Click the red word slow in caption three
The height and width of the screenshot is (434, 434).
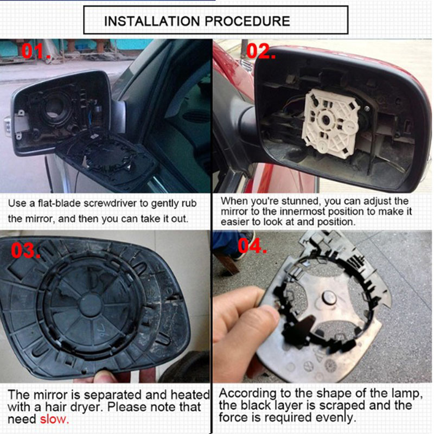[x=54, y=419]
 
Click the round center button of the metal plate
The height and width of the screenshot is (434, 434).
[x=329, y=298]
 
